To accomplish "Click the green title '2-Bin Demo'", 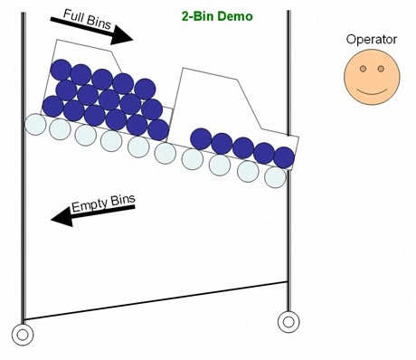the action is [218, 16].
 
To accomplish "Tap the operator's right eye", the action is [381, 69].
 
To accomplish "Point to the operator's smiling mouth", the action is [370, 91].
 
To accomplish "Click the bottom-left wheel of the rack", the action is [23, 334].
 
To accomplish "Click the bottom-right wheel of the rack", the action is [288, 320].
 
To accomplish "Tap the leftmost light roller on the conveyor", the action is [34, 124].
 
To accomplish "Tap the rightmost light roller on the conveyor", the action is [275, 177].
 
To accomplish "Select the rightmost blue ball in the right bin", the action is [284, 157].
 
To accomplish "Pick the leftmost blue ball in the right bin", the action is [201, 139].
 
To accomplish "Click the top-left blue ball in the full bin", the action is [61, 69].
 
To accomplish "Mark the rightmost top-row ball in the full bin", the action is [144, 88].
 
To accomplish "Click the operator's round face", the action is [370, 77].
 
